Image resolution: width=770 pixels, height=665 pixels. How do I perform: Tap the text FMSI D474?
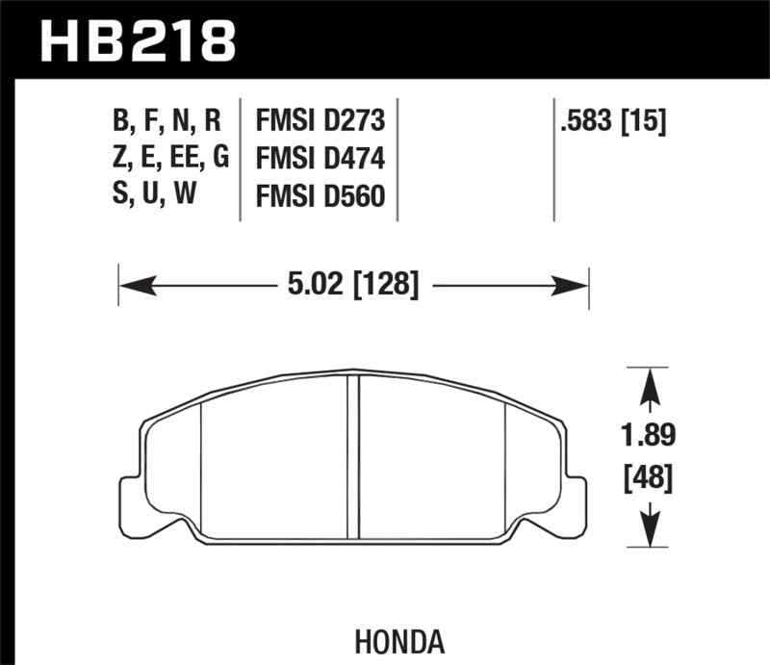click(320, 158)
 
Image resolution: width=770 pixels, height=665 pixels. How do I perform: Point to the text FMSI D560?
click(320, 195)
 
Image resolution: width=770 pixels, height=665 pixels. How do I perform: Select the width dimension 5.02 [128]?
click(353, 284)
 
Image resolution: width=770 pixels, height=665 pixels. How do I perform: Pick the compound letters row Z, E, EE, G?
click(169, 158)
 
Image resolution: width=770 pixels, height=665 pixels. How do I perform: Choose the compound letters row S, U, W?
click(154, 195)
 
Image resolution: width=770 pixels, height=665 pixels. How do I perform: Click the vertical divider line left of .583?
click(555, 159)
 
